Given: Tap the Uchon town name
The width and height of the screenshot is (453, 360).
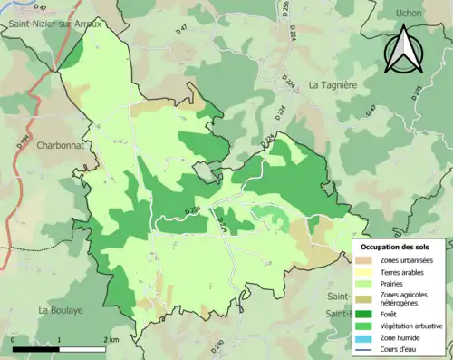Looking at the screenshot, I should pos(410,13).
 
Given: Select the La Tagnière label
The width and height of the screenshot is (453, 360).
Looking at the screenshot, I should pos(334,85).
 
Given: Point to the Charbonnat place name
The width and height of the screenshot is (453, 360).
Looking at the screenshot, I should pos(62,144).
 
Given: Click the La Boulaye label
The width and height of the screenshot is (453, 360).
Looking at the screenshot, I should pos(60,310).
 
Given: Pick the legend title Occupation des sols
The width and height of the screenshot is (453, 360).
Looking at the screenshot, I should pos(401,247).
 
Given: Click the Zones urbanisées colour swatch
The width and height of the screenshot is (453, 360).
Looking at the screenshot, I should pos(368,261).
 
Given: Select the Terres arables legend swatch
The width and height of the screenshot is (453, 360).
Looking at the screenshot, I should pos(368,273).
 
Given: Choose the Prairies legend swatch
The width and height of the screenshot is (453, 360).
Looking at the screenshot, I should pos(368,285).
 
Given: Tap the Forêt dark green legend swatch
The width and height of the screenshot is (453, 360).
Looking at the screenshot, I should pos(368,314).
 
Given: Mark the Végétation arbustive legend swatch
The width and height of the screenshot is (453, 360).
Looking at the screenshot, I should pos(368,326).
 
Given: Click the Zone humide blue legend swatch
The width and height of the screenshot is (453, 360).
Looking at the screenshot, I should pos(368,337).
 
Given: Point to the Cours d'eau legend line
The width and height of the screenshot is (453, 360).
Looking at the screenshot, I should pos(368,348).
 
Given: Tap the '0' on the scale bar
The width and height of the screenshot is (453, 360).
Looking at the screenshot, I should pos(14,339).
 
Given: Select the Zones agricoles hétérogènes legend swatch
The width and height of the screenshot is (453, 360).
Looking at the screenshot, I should pos(368,299).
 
